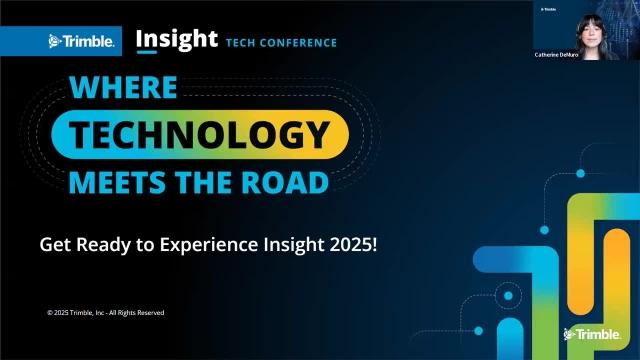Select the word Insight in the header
coord(176,39)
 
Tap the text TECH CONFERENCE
coord(281,43)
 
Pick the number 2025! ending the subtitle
coord(353,243)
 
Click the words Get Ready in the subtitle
coord(73,243)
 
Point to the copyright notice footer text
coord(105,313)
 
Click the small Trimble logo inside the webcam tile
coord(548,9)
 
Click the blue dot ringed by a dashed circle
coord(507,296)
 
